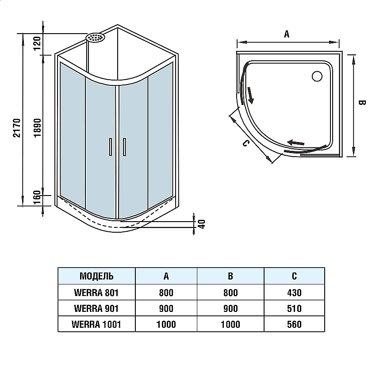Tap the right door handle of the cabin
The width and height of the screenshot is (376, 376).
125,147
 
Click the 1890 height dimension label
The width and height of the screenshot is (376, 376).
38,128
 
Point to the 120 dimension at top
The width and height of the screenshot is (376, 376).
38,42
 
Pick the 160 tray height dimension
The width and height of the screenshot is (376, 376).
38,196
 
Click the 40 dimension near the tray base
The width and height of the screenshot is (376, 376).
202,223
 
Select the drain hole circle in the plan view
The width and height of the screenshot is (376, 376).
318,77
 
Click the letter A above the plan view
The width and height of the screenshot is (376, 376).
286,35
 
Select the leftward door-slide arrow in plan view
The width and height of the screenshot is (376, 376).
296,142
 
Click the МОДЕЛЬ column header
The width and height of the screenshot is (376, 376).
96,276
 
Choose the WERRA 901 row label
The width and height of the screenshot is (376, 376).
96,308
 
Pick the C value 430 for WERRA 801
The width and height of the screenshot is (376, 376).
294,292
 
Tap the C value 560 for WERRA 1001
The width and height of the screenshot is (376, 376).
294,324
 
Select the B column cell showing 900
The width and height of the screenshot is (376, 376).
230,308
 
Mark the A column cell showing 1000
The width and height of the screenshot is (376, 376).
166,324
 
